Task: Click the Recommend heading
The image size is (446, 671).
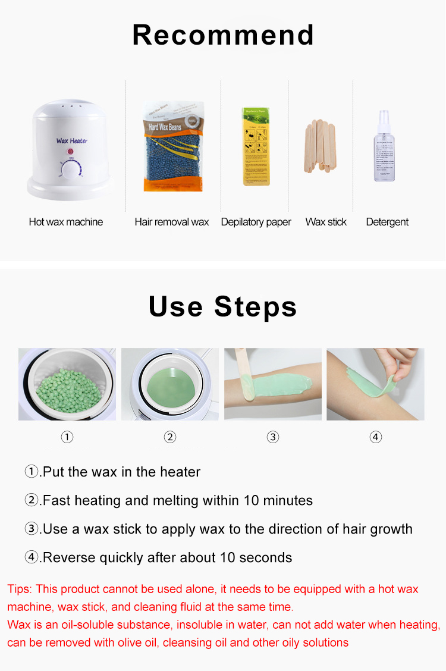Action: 223,35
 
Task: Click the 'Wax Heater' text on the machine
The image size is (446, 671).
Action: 72,141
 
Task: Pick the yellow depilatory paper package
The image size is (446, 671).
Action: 255,146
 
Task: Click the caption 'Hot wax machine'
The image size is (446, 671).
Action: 65,222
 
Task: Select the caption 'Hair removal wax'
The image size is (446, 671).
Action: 171,222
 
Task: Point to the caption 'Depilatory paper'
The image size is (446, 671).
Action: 256,222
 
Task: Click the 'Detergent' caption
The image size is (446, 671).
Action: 387,222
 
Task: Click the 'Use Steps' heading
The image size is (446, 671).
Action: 223,307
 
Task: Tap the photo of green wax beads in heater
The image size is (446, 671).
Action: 67,384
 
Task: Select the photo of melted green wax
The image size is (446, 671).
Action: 170,384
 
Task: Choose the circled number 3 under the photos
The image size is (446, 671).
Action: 273,437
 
